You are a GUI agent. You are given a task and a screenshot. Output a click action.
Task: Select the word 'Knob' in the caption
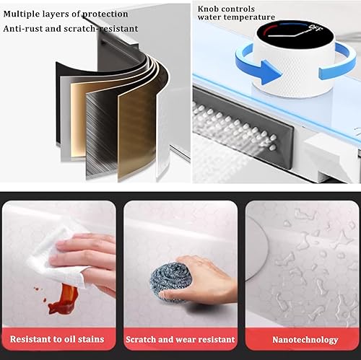click(208, 9)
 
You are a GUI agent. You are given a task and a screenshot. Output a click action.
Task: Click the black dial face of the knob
click(295, 36)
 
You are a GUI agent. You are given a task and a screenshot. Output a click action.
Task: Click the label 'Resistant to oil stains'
click(57, 339)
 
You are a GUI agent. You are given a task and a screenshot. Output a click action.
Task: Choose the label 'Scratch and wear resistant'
click(180, 339)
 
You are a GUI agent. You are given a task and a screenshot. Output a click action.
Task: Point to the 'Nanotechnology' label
click(305, 340)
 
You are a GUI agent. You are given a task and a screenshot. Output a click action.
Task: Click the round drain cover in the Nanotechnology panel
click(256, 247)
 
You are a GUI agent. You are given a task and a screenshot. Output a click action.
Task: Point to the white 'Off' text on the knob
click(316, 28)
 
